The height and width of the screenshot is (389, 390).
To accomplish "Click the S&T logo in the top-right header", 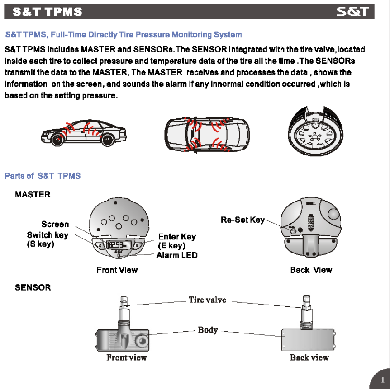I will coord(355,12).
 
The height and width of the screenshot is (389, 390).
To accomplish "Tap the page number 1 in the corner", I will coord(382,380).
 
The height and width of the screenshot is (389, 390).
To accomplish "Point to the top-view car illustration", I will coord(206,134).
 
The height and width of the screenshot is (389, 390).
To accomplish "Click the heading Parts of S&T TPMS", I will coord(43,176).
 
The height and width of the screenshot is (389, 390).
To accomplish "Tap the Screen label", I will coord(55,224).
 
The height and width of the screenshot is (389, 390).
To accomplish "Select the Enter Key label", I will coord(177,237).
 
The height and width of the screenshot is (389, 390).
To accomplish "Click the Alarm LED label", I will coord(177,255).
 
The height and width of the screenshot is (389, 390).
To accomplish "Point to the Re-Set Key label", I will coord(243,220).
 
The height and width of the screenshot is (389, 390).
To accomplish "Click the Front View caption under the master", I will coord(117,270).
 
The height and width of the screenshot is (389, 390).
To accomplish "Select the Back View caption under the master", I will coord(311,270).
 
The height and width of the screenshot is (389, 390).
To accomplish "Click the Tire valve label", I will coord(207,300).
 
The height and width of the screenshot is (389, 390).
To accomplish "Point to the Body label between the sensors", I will coord(208,330).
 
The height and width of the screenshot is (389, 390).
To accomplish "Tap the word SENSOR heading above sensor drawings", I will coord(33,287).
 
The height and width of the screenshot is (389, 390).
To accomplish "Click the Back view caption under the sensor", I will coord(309,357).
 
